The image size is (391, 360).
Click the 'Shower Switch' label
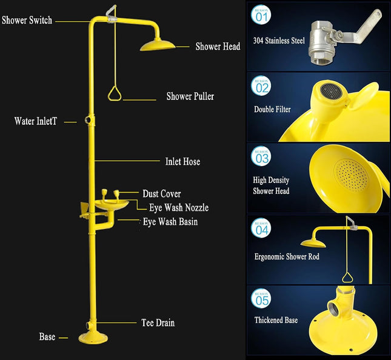coord(27,20)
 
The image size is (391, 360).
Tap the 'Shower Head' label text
coord(218,47)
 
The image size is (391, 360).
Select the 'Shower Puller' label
coord(190,96)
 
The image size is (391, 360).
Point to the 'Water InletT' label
coord(36,121)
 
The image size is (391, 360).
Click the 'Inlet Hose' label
coord(182,161)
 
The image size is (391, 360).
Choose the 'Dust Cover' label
coord(162,194)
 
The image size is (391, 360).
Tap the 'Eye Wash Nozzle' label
coord(179,207)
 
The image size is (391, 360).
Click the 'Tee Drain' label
coord(158,322)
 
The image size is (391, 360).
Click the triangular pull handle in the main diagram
coord(115,93)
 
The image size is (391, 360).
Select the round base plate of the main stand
coord(93,338)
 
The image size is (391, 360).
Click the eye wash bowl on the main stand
coord(112,205)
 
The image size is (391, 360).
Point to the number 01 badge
coord(261,15)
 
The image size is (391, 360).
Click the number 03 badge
coord(261,156)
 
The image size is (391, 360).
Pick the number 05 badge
coord(261,298)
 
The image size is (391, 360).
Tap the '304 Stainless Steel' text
coord(279,41)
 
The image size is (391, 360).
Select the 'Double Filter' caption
coord(272,109)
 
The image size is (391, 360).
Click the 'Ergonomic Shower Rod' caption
coord(287,256)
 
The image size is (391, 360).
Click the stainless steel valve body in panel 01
coord(322,42)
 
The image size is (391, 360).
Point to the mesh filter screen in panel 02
coord(331,91)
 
